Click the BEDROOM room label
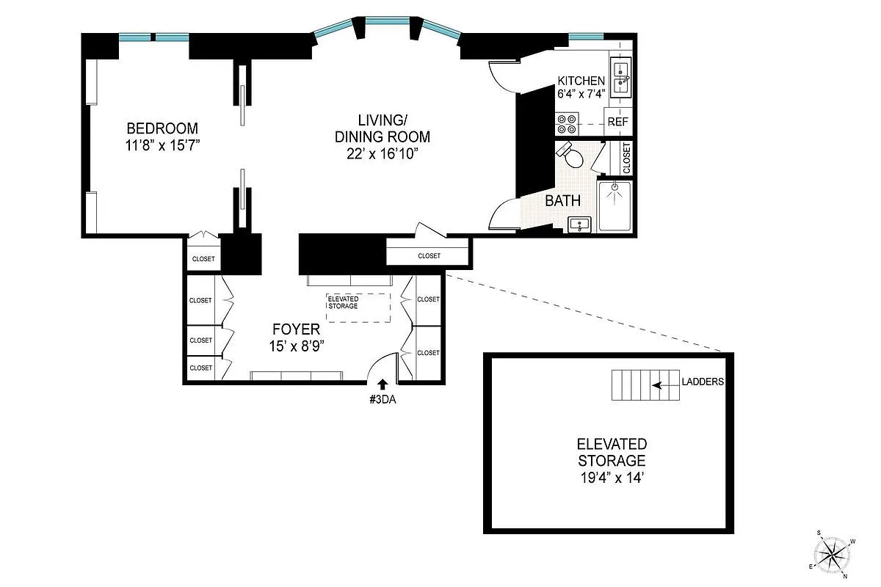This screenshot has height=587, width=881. (162, 127)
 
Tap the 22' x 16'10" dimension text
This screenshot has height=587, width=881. (382, 153)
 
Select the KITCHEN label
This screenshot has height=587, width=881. (581, 81)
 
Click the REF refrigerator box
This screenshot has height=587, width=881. (617, 123)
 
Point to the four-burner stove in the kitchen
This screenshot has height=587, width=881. (566, 123)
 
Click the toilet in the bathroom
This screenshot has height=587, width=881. (573, 155)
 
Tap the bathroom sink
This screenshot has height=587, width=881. (581, 225)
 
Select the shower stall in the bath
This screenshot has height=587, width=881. (614, 205)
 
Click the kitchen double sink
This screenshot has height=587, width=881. (621, 77)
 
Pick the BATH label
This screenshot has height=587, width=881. (562, 200)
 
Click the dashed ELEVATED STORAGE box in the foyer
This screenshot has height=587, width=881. (359, 307)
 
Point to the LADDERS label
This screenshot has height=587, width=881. (703, 382)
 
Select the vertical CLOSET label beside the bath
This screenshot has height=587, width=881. (626, 158)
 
